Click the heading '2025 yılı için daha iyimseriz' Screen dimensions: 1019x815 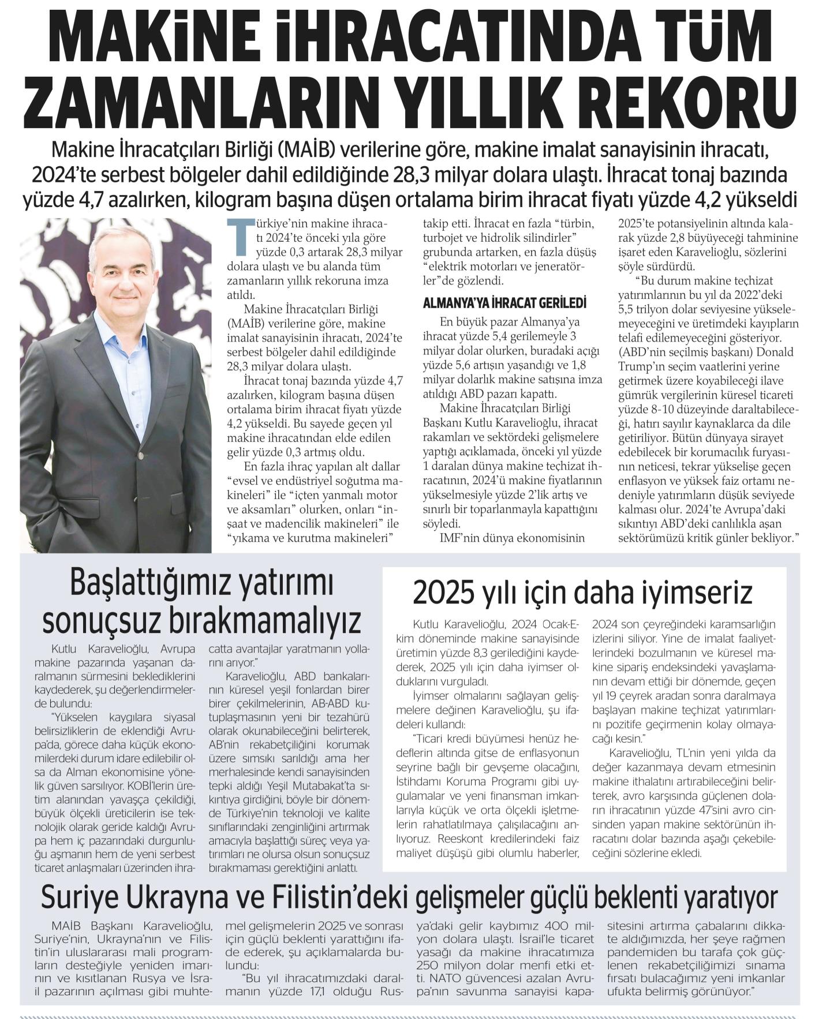(583, 593)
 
